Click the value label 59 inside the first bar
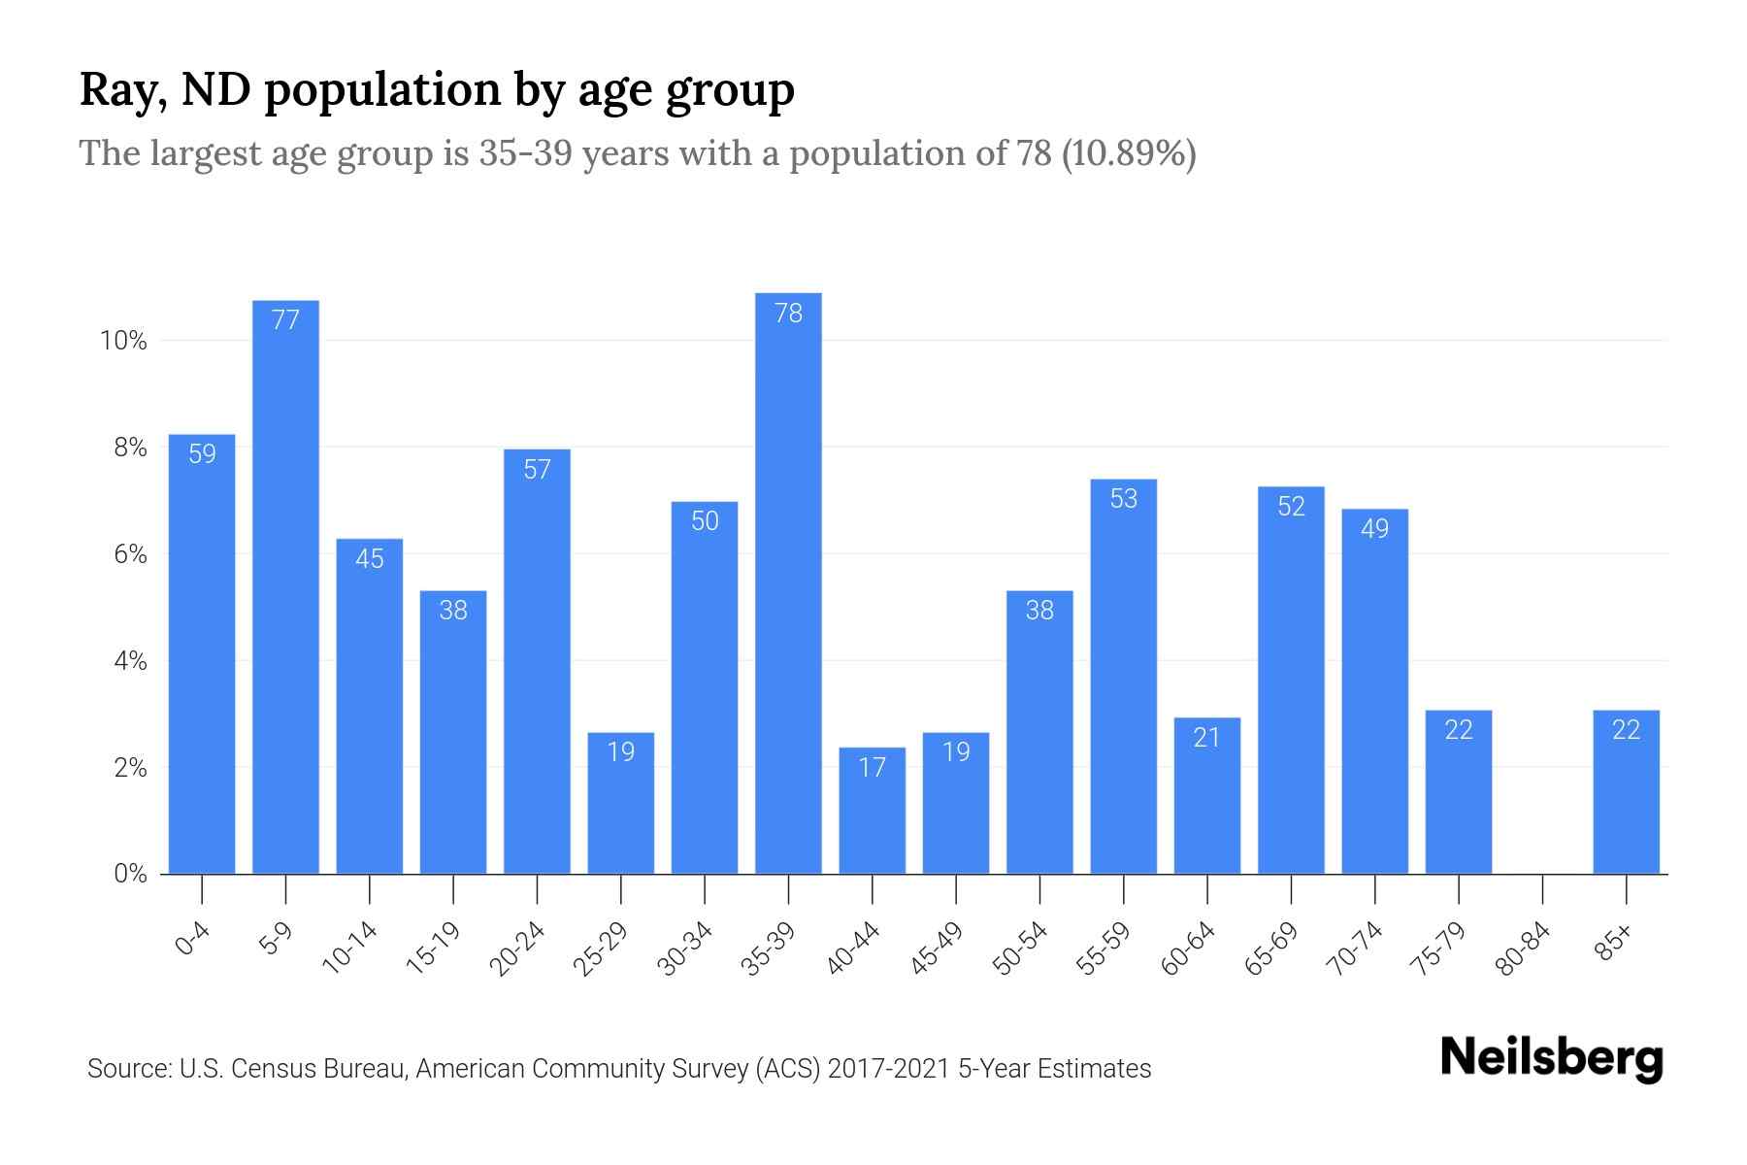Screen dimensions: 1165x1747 202,453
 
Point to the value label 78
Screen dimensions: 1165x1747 788,313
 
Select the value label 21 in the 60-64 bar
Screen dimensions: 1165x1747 1206,738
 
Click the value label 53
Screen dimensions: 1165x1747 1123,499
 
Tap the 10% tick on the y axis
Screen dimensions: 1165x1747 123,341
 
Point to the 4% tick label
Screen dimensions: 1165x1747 130,661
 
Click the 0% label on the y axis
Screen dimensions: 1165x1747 130,874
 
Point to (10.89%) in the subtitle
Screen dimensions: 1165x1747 1129,153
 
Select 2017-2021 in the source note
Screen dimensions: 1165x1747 888,1069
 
